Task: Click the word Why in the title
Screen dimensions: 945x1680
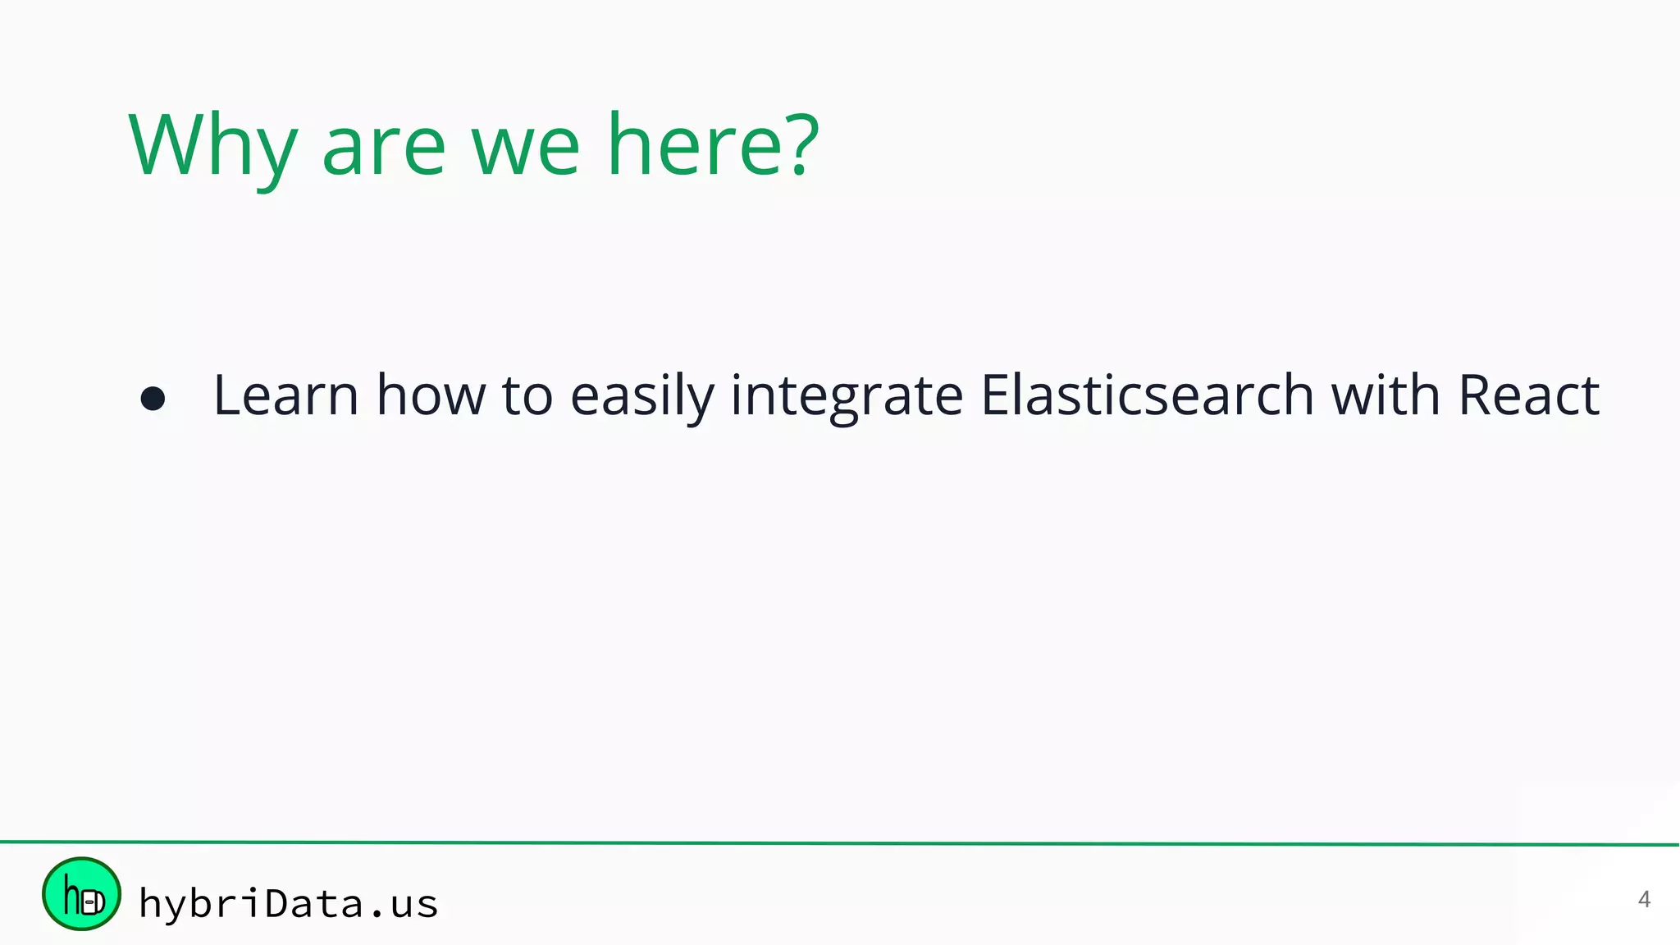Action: (x=212, y=146)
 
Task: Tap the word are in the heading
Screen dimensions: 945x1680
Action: (x=384, y=148)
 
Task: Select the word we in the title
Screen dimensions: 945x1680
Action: (x=525, y=148)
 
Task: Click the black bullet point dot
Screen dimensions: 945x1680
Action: (x=153, y=399)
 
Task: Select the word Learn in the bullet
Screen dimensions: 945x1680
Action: (x=285, y=396)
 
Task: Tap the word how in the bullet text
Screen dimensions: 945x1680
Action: (x=431, y=396)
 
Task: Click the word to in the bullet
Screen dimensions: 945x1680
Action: (x=527, y=396)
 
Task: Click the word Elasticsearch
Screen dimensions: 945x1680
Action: (x=1147, y=396)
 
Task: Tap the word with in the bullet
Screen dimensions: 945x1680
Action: (x=1385, y=396)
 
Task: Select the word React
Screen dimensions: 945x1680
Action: (x=1528, y=396)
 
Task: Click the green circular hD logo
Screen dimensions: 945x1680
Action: (x=81, y=894)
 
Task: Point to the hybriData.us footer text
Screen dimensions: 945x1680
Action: (x=288, y=904)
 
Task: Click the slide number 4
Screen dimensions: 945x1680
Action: (x=1643, y=900)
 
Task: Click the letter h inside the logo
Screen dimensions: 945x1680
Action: (x=72, y=896)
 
